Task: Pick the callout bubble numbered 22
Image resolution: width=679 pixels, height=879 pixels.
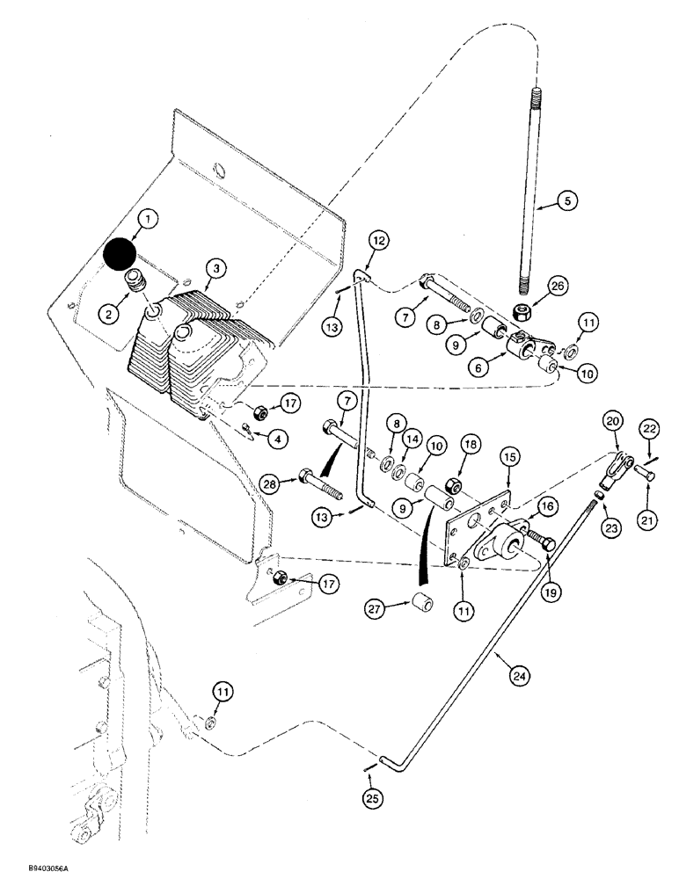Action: click(650, 427)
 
